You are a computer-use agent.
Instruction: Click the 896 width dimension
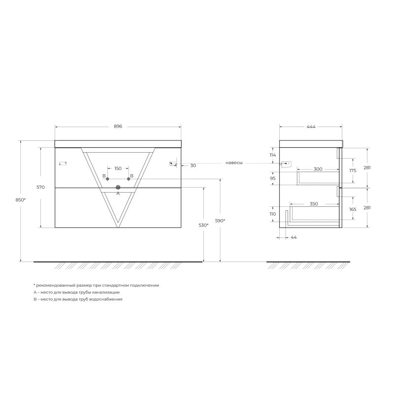(x=118, y=127)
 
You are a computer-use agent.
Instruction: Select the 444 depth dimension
(x=311, y=127)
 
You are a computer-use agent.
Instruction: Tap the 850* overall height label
(x=21, y=200)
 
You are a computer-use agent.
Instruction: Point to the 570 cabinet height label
(x=40, y=187)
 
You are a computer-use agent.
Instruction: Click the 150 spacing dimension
(x=118, y=168)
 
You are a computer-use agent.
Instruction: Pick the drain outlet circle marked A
(x=118, y=187)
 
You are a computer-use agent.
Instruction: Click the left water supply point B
(x=107, y=179)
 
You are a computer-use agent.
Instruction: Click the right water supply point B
(x=129, y=179)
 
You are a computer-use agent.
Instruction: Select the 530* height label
(x=203, y=225)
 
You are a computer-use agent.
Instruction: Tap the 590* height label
(x=220, y=221)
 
